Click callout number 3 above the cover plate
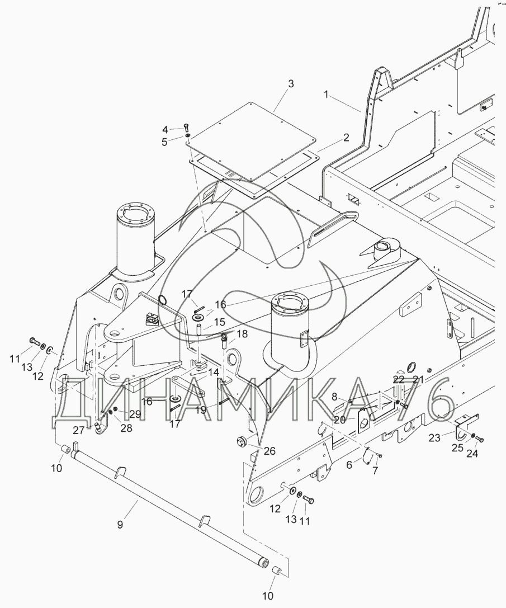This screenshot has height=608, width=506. (291, 84)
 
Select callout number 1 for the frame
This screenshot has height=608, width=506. (327, 94)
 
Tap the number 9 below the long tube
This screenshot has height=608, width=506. (120, 524)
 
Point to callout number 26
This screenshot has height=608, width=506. (269, 451)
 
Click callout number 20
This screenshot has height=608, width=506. (339, 420)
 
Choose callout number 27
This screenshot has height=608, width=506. (79, 430)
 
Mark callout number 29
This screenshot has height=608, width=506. (135, 414)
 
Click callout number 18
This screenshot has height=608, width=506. (242, 334)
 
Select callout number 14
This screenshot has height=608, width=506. (213, 373)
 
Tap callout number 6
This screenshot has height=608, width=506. (349, 465)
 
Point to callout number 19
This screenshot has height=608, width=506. (201, 410)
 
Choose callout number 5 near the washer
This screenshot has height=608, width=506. (164, 142)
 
